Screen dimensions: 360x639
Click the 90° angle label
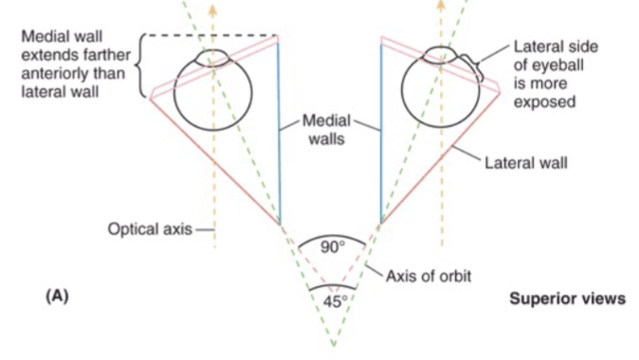tap(329, 248)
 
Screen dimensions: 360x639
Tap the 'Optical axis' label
tap(150, 228)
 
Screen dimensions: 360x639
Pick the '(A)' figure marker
tap(57, 296)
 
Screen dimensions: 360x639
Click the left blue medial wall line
tap(280, 133)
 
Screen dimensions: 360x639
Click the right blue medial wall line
tap(380, 133)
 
